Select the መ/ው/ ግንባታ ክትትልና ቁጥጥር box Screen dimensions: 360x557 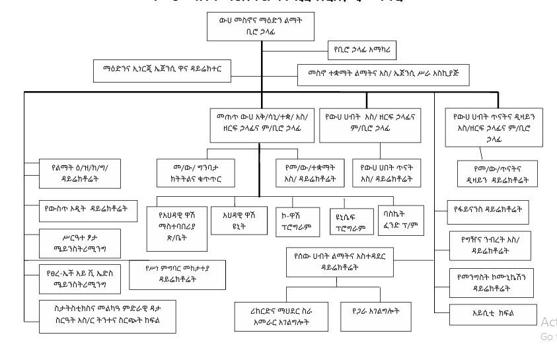[196, 170]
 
